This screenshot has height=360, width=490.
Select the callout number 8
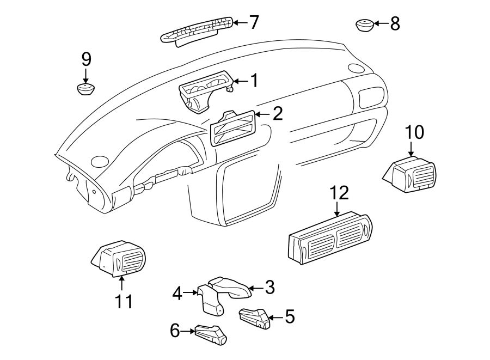click(395, 23)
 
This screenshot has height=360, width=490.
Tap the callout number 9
click(86, 59)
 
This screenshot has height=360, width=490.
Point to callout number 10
click(414, 132)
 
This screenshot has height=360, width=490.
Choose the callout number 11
click(124, 301)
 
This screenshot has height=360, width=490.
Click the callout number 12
click(338, 193)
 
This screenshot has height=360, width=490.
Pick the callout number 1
click(253, 81)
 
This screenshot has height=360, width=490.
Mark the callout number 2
click(277, 114)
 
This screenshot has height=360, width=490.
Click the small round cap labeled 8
click(364, 25)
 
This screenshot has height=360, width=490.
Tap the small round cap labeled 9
click(85, 89)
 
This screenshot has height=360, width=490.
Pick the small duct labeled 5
click(255, 318)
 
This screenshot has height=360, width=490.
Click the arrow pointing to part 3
click(255, 288)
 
